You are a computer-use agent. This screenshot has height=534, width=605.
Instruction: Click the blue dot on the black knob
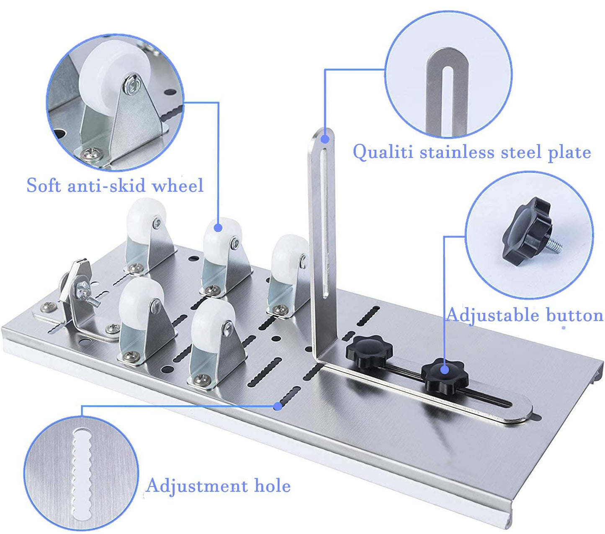click(445, 370)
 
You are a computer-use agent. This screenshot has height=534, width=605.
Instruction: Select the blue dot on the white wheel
click(218, 227)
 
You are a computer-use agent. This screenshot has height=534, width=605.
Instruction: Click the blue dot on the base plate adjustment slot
click(277, 406)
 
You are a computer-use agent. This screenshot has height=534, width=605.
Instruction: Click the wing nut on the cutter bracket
click(86, 289)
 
